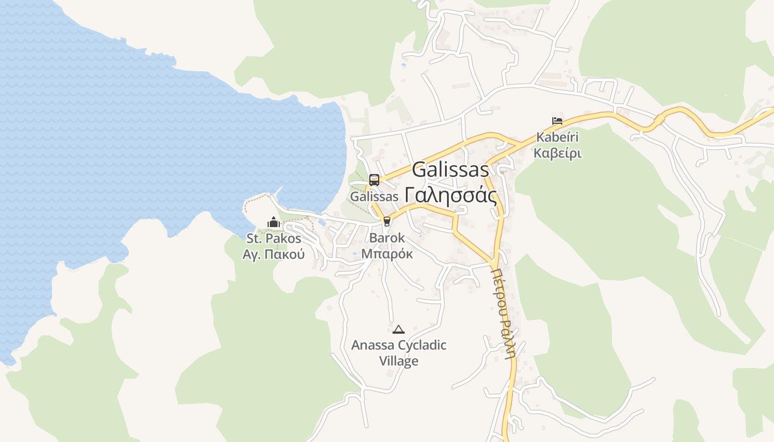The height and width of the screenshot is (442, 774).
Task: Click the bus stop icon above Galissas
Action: (x=374, y=180)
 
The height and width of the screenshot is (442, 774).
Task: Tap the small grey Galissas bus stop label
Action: (x=374, y=197)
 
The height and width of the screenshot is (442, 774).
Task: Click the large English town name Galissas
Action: (x=451, y=170)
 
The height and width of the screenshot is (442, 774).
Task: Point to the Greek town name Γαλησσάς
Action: (x=451, y=195)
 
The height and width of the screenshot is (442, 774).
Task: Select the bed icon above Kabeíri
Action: (x=557, y=120)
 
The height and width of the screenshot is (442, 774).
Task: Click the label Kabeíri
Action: (x=557, y=137)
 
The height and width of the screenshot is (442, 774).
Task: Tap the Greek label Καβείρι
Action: (x=557, y=153)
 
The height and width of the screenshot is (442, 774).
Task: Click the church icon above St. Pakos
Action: (x=274, y=222)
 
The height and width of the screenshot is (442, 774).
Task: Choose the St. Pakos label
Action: (x=274, y=239)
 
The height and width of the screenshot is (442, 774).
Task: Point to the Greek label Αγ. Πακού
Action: (x=274, y=255)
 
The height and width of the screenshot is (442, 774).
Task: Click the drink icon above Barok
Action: (x=386, y=222)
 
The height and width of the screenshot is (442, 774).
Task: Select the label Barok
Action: (x=386, y=238)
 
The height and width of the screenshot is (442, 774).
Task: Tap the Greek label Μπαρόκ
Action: (x=386, y=254)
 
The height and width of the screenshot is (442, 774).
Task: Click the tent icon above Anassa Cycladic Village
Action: (x=398, y=329)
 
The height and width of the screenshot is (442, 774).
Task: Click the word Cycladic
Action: (x=421, y=345)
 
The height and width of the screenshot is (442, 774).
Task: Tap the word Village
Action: (x=399, y=361)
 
